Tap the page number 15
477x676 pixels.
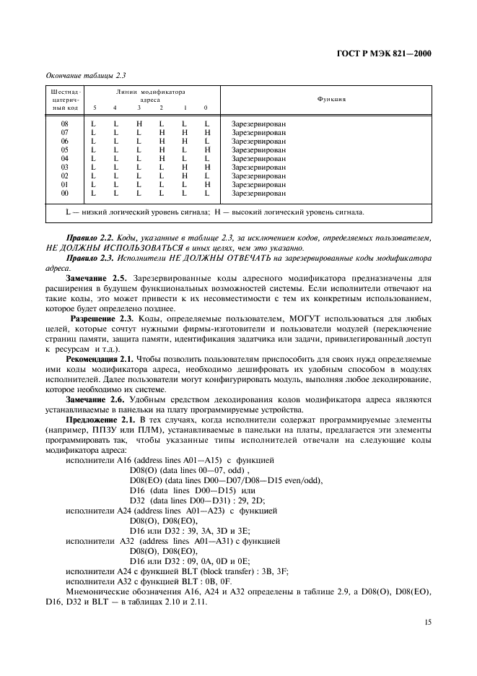coord(426,620)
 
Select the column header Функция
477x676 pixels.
coord(331,99)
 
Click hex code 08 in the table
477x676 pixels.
coord(64,123)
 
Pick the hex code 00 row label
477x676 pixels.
coord(64,193)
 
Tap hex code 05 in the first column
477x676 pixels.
coord(64,149)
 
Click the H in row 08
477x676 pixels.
coord(139,123)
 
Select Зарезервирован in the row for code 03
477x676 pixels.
coord(258,167)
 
